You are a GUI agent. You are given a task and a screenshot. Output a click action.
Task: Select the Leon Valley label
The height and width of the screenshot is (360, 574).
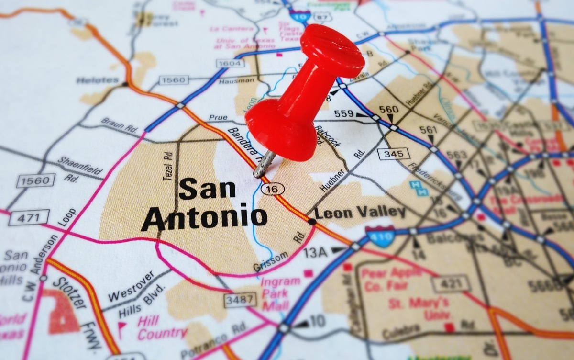click(x=359, y=212)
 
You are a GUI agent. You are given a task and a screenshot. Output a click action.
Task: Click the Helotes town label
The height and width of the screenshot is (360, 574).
click(x=97, y=80)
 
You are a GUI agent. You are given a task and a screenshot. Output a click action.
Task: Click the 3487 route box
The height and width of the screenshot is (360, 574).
click(x=240, y=300)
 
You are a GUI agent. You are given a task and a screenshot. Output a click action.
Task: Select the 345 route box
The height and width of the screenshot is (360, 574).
click(x=393, y=154)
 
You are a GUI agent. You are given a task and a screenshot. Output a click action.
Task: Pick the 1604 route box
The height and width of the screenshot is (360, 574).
click(x=230, y=63)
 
